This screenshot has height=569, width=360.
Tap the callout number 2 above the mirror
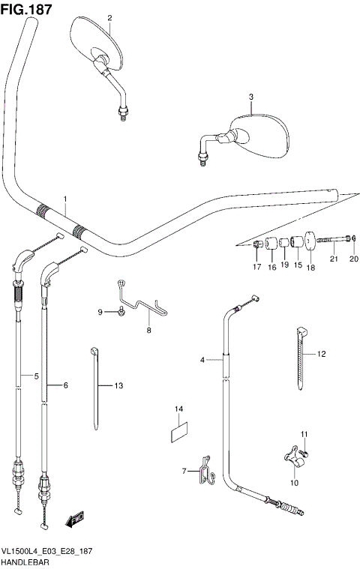[x=109, y=17]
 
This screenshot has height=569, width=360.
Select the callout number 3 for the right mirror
[x=251, y=97]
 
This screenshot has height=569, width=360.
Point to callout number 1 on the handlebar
[x=65, y=199]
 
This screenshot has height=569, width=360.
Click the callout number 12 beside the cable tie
[x=322, y=353]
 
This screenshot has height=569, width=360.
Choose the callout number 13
[x=118, y=385]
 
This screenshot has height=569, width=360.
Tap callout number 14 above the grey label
[x=179, y=409]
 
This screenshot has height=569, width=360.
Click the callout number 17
[x=256, y=267]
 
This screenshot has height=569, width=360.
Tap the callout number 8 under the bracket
[x=148, y=330]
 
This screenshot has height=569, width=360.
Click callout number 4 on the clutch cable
[x=202, y=361]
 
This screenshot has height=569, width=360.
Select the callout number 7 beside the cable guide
[x=184, y=470]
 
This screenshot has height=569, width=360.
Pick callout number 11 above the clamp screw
[x=304, y=435]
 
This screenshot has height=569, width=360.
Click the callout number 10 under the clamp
[x=294, y=483]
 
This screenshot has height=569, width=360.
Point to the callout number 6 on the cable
[x=65, y=385]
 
